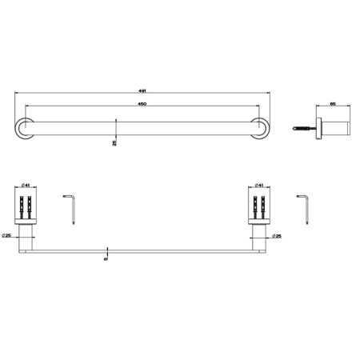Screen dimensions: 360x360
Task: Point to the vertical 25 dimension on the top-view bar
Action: (116, 142)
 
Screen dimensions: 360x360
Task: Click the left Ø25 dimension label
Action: (7, 235)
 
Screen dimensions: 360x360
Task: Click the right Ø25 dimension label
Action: (278, 235)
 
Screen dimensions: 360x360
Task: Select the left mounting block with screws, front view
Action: (26, 210)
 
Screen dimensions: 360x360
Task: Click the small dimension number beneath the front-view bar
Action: (106, 258)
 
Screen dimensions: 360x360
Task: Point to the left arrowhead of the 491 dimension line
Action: (15, 94)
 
